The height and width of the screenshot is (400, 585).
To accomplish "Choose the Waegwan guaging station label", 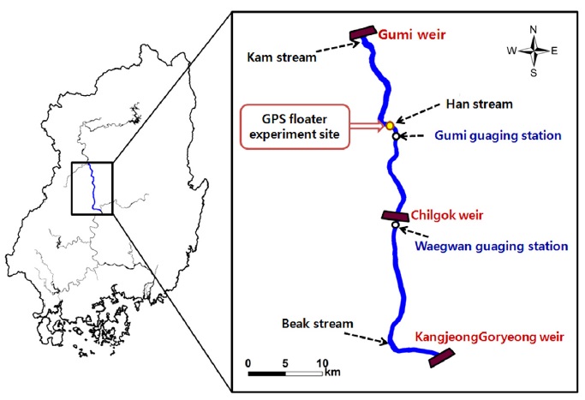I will tap(491, 245).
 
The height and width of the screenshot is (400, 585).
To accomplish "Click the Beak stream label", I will tap(311, 325).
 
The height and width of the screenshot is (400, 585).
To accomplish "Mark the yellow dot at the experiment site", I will tap(389, 126).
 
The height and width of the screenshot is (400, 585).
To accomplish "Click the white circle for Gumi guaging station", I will tap(396, 136).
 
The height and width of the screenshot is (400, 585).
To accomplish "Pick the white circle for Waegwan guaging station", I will tap(396, 225).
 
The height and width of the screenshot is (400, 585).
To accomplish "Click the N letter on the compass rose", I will tap(534, 29).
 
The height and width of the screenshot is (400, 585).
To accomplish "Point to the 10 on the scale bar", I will tap(322, 363).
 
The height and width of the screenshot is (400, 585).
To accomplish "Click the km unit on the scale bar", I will tap(334, 374).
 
